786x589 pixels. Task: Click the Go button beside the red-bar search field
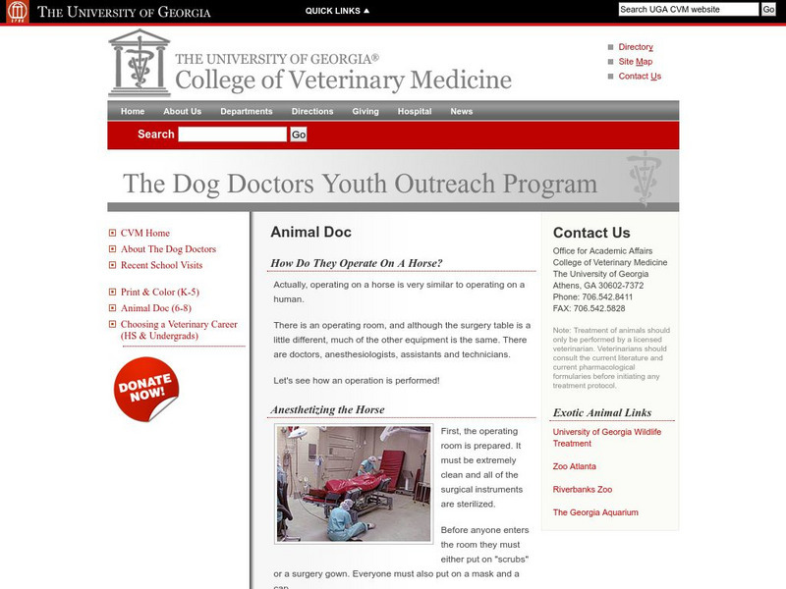pyautogui.click(x=299, y=134)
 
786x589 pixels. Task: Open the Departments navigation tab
pyautogui.click(x=247, y=112)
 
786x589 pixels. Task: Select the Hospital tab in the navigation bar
pyautogui.click(x=415, y=112)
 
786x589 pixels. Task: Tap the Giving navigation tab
pyautogui.click(x=365, y=112)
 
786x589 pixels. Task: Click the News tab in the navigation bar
pyautogui.click(x=462, y=112)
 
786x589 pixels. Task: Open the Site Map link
pyautogui.click(x=635, y=62)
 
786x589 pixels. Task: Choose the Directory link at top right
pyautogui.click(x=636, y=47)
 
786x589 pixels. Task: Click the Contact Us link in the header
pyautogui.click(x=640, y=77)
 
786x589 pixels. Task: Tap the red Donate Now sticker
pyautogui.click(x=146, y=389)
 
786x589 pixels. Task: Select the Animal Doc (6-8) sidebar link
pyautogui.click(x=155, y=308)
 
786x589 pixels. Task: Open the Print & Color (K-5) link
pyautogui.click(x=159, y=293)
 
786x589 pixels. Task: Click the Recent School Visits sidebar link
pyautogui.click(x=161, y=265)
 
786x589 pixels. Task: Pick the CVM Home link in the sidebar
pyautogui.click(x=144, y=234)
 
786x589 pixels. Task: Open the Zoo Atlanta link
pyautogui.click(x=575, y=466)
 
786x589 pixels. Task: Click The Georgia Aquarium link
pyautogui.click(x=595, y=512)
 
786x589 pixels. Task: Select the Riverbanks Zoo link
pyautogui.click(x=583, y=489)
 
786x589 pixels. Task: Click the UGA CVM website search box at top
pyautogui.click(x=689, y=9)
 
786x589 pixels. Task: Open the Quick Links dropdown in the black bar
pyautogui.click(x=337, y=11)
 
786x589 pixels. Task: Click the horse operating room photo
pyautogui.click(x=354, y=483)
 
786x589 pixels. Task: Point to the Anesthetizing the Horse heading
pyautogui.click(x=327, y=409)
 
